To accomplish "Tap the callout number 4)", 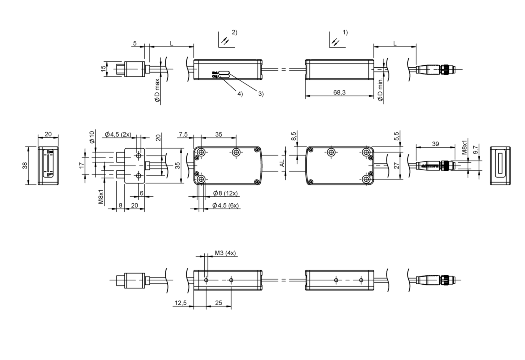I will pyautogui.click(x=240, y=94).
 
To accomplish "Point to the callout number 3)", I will pyautogui.click(x=260, y=94).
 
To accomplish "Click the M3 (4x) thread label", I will pyautogui.click(x=225, y=253).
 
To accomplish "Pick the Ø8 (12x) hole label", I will pyautogui.click(x=225, y=193).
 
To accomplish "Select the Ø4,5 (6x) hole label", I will pyautogui.click(x=225, y=205).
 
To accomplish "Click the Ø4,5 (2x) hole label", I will pyautogui.click(x=118, y=134).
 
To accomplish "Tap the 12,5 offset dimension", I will pyautogui.click(x=180, y=303).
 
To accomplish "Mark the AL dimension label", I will pyautogui.click(x=282, y=163).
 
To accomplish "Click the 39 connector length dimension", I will pyautogui.click(x=435, y=144).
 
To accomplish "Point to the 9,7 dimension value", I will pyautogui.click(x=474, y=149).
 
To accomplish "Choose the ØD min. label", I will pyautogui.click(x=380, y=90).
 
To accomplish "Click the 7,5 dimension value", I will pyautogui.click(x=183, y=134).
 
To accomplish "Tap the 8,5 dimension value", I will pyautogui.click(x=293, y=136).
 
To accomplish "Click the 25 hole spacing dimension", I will pyautogui.click(x=218, y=303).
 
